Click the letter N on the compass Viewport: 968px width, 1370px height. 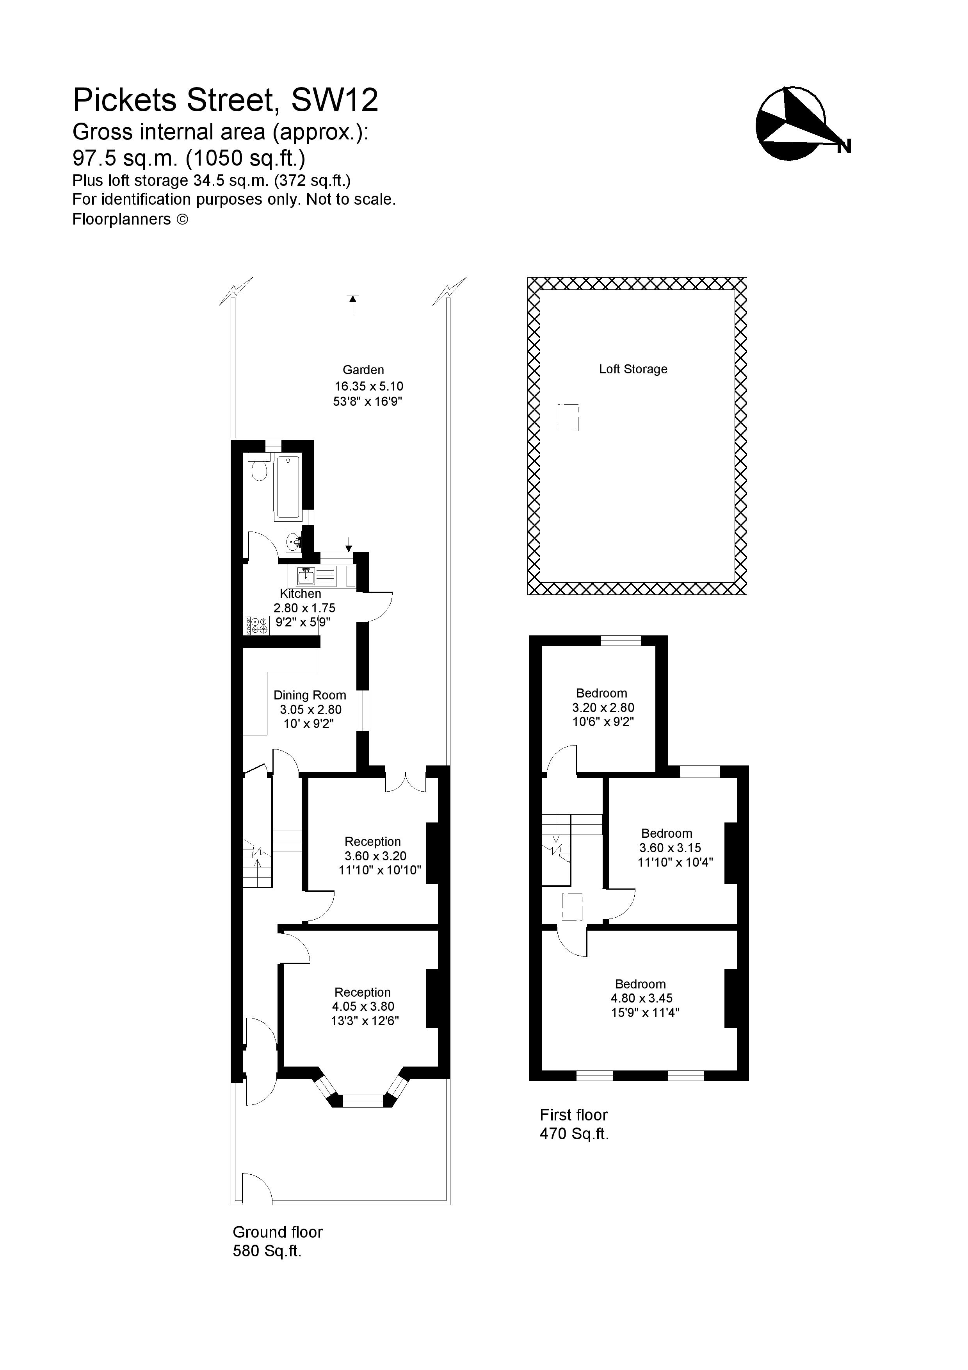pos(843,146)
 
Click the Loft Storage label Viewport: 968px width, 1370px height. pos(633,369)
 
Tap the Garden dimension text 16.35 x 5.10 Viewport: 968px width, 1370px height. pos(368,386)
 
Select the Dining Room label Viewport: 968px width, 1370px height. pos(310,695)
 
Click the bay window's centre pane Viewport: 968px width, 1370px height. pos(362,1101)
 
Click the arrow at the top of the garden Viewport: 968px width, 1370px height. pos(353,304)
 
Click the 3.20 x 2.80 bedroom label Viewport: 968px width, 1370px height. pos(603,708)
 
